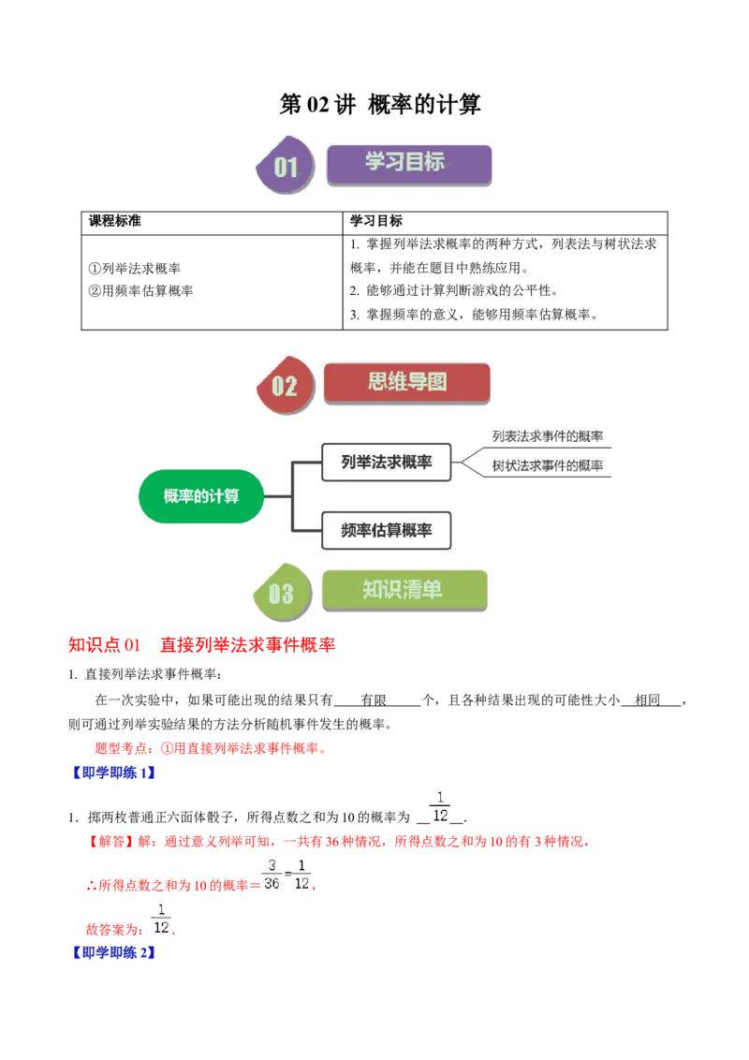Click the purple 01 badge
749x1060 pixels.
click(286, 168)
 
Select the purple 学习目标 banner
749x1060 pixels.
click(408, 163)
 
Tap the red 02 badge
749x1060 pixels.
click(284, 385)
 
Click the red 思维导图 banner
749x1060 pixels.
click(406, 382)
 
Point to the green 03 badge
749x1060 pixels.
click(281, 593)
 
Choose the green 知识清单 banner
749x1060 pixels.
click(404, 590)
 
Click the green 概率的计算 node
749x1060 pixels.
click(201, 495)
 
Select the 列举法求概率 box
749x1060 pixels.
click(386, 463)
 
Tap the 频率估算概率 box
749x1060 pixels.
click(386, 530)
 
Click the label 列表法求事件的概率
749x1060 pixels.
click(548, 435)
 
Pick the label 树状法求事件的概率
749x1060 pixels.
click(548, 465)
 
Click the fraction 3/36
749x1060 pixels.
click(272, 874)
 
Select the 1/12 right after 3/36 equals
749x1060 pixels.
click(301, 874)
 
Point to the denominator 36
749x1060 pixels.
click(272, 883)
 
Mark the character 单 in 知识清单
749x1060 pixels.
click(432, 590)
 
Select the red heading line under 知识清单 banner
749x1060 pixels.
click(202, 645)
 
